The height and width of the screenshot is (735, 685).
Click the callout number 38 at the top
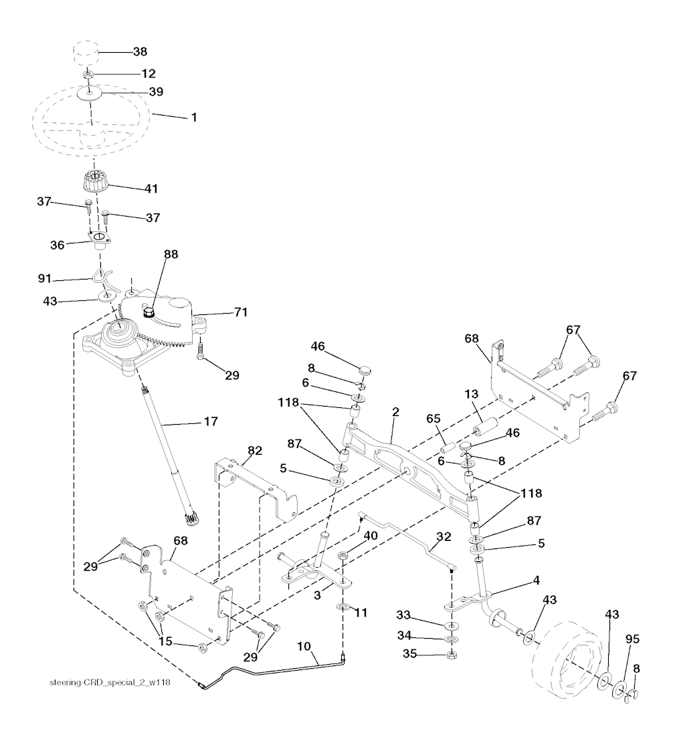(x=140, y=51)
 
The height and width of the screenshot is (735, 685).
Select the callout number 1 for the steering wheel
(x=193, y=117)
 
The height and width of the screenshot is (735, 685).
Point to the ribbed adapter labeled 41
(x=96, y=181)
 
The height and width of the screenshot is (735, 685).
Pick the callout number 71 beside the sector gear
(x=241, y=312)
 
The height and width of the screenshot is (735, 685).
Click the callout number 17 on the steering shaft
(x=211, y=421)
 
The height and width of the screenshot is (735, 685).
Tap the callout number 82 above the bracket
(x=255, y=451)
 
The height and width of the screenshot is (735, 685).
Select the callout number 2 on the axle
(x=395, y=412)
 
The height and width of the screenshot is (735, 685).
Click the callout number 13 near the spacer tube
(x=471, y=394)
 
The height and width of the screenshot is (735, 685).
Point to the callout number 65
(x=433, y=419)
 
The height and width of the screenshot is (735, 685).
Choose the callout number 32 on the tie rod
(x=444, y=537)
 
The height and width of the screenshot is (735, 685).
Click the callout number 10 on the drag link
(x=304, y=647)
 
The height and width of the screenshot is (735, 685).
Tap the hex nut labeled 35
(x=451, y=655)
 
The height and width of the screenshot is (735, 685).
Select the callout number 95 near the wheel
(x=633, y=639)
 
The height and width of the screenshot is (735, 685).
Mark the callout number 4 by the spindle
(x=536, y=581)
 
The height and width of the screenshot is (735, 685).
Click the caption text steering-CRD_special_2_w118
(x=110, y=682)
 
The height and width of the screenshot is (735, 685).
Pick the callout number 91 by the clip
(x=45, y=279)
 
